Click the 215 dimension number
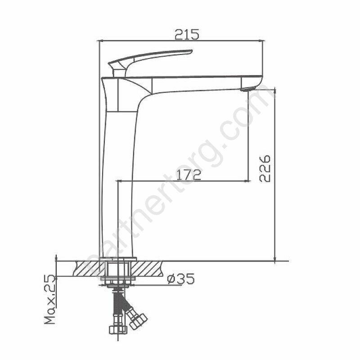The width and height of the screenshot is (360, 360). tap(187, 35)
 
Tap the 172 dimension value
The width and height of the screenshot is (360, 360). tap(189, 175)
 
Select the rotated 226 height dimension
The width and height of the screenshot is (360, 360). tap(265, 169)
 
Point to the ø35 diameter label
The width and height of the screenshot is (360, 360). tap(181, 279)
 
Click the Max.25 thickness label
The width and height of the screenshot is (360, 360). tap(50, 299)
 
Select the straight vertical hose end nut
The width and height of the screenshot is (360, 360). tap(118, 329)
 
